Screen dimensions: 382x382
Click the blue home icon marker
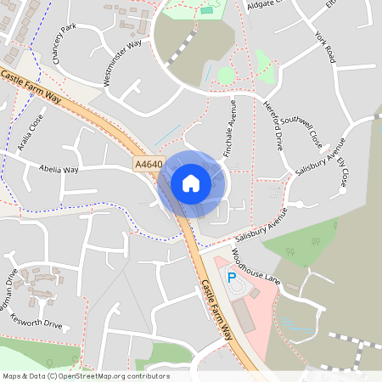[191, 183]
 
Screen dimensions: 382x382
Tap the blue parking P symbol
[232, 277]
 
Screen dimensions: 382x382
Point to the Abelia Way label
[59, 169]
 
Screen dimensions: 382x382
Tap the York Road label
[325, 49]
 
